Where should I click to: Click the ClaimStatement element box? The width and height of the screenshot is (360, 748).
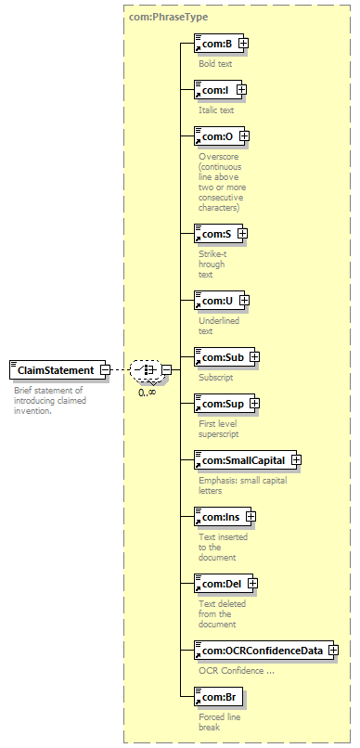click(55, 370)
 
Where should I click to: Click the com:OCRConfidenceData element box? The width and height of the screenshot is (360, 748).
click(259, 651)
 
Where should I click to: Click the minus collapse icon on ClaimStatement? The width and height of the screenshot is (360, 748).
click(106, 370)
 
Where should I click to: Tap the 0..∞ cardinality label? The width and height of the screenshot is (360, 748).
click(147, 392)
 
